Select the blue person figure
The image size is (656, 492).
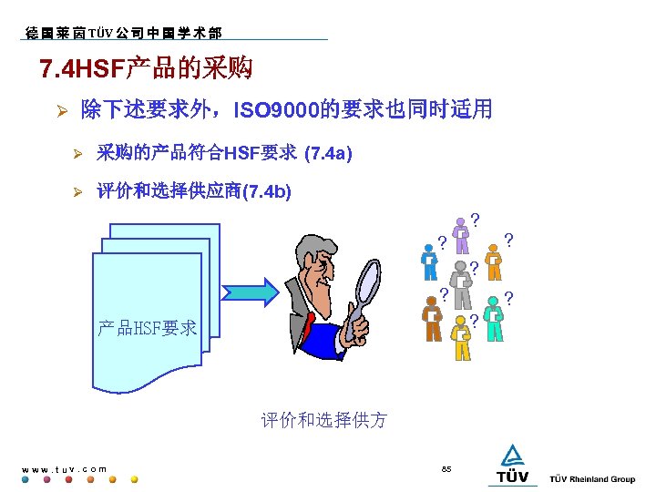(x=428, y=263)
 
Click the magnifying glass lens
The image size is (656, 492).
(x=368, y=282)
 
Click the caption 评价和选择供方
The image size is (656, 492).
(x=323, y=420)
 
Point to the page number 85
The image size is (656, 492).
(x=446, y=468)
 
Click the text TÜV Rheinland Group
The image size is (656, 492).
(x=592, y=479)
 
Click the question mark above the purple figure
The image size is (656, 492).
(x=475, y=219)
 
